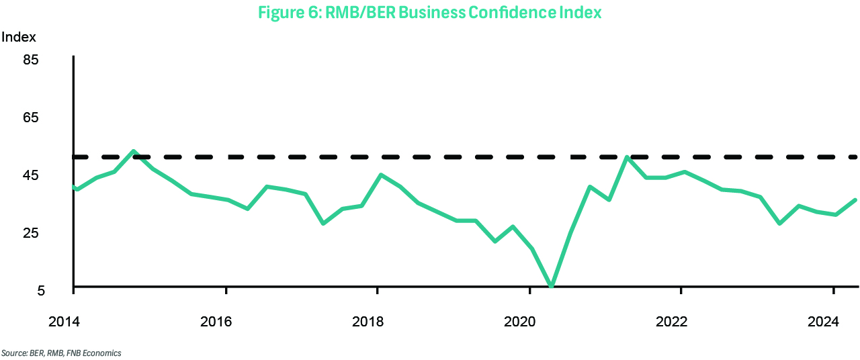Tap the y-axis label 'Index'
click(x=19, y=37)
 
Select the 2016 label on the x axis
click(x=216, y=322)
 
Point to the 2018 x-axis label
click(x=368, y=322)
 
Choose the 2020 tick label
click(x=519, y=322)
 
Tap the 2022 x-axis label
click(x=671, y=322)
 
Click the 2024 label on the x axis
click(x=823, y=322)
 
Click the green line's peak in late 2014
click(x=134, y=151)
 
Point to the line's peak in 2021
click(x=627, y=157)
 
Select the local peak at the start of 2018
click(x=381, y=175)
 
